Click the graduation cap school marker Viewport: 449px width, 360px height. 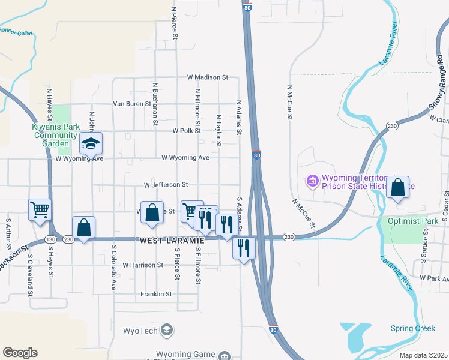click(x=91, y=143)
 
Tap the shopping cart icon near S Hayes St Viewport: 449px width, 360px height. click(x=40, y=210)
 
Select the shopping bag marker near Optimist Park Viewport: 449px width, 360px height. click(x=397, y=187)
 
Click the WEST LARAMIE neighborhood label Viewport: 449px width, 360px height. click(x=172, y=240)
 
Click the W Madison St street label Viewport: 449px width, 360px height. click(x=208, y=77)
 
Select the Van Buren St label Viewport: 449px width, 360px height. click(x=133, y=104)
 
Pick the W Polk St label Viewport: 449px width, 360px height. click(x=186, y=130)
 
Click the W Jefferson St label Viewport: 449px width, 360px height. click(x=166, y=185)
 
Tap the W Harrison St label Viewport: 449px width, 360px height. click(x=143, y=265)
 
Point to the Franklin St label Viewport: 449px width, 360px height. click(x=156, y=294)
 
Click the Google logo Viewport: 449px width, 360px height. click(x=20, y=353)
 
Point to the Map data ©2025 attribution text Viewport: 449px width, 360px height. click(x=423, y=355)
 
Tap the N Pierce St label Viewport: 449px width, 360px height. click(x=175, y=23)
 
